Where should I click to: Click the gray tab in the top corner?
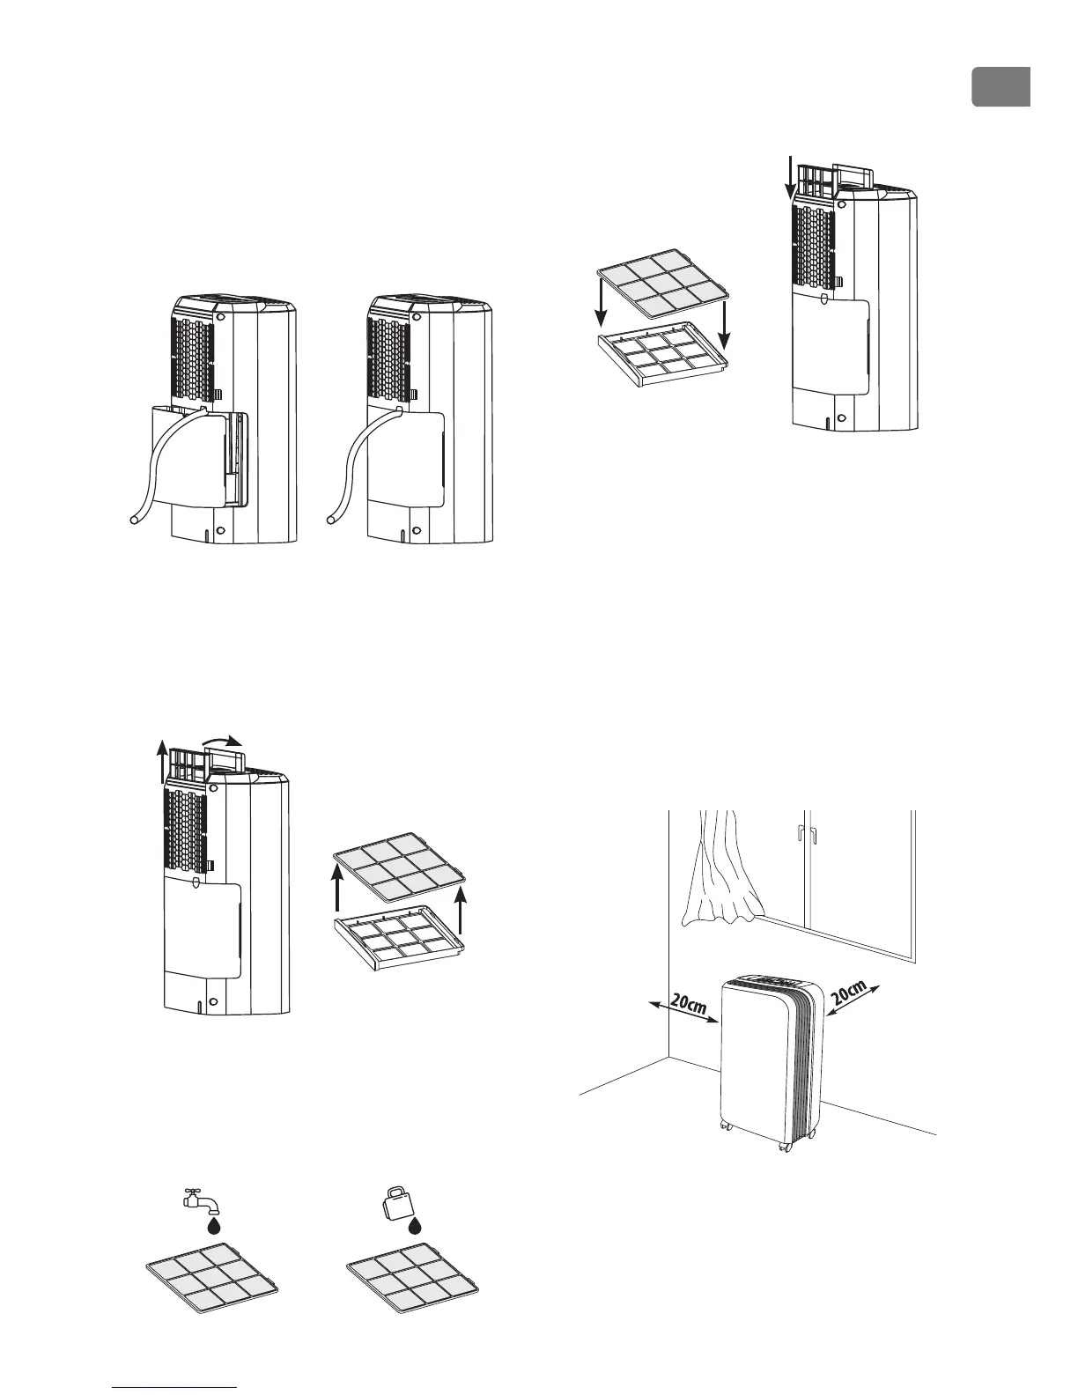point(1001,86)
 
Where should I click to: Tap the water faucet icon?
point(196,1199)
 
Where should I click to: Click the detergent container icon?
point(395,1199)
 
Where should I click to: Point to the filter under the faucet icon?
point(212,1281)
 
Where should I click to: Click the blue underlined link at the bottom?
point(176,1389)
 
